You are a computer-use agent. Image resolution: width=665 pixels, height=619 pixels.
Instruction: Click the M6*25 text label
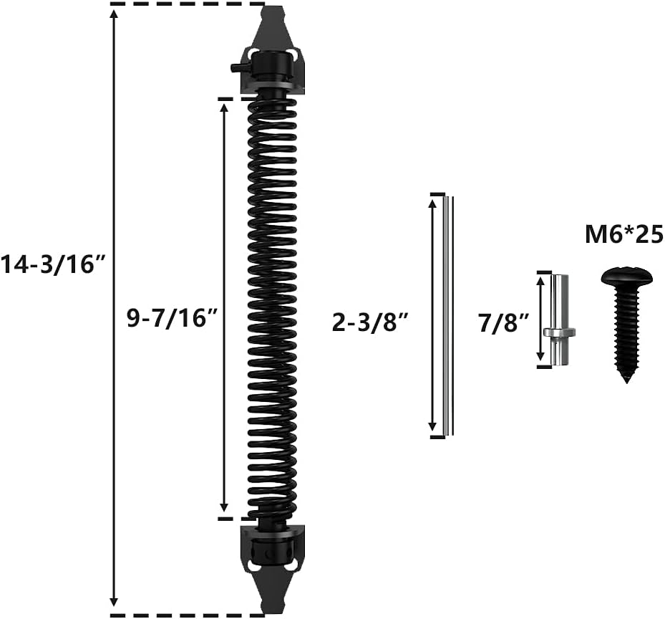[623, 235]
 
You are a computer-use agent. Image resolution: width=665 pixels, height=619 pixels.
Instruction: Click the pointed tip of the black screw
[628, 378]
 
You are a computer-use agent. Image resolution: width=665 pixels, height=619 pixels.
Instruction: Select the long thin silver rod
[447, 315]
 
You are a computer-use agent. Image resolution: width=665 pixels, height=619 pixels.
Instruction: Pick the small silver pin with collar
[560, 320]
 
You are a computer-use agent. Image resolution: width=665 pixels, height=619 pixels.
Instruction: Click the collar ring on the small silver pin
[560, 332]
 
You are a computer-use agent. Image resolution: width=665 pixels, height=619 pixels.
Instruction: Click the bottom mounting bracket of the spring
[273, 548]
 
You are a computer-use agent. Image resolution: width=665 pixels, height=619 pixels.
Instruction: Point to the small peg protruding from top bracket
[235, 67]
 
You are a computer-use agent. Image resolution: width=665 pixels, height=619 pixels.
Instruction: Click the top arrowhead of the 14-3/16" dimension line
[114, 14]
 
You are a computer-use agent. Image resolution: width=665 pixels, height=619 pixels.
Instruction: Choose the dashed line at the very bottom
[186, 614]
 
